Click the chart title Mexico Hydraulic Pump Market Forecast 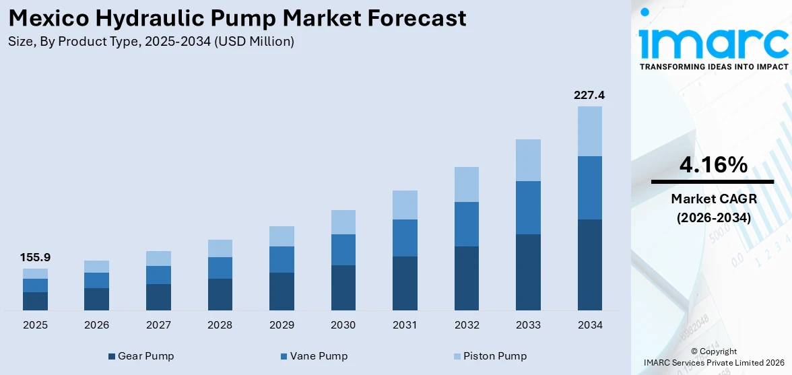(x=237, y=18)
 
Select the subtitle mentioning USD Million (x=151, y=42)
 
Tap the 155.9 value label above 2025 (x=35, y=257)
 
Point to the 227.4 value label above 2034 (x=589, y=95)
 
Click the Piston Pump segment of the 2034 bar (x=589, y=131)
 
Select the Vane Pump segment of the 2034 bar (x=589, y=188)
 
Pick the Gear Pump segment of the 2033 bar (x=528, y=272)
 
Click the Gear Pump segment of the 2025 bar (x=35, y=301)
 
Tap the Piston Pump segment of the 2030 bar (x=343, y=222)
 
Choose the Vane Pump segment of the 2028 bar (x=220, y=268)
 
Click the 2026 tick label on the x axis (x=97, y=325)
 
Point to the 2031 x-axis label (x=405, y=325)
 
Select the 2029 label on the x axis (x=282, y=325)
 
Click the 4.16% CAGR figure (x=712, y=164)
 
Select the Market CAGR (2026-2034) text (x=712, y=209)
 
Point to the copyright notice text (x=713, y=357)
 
